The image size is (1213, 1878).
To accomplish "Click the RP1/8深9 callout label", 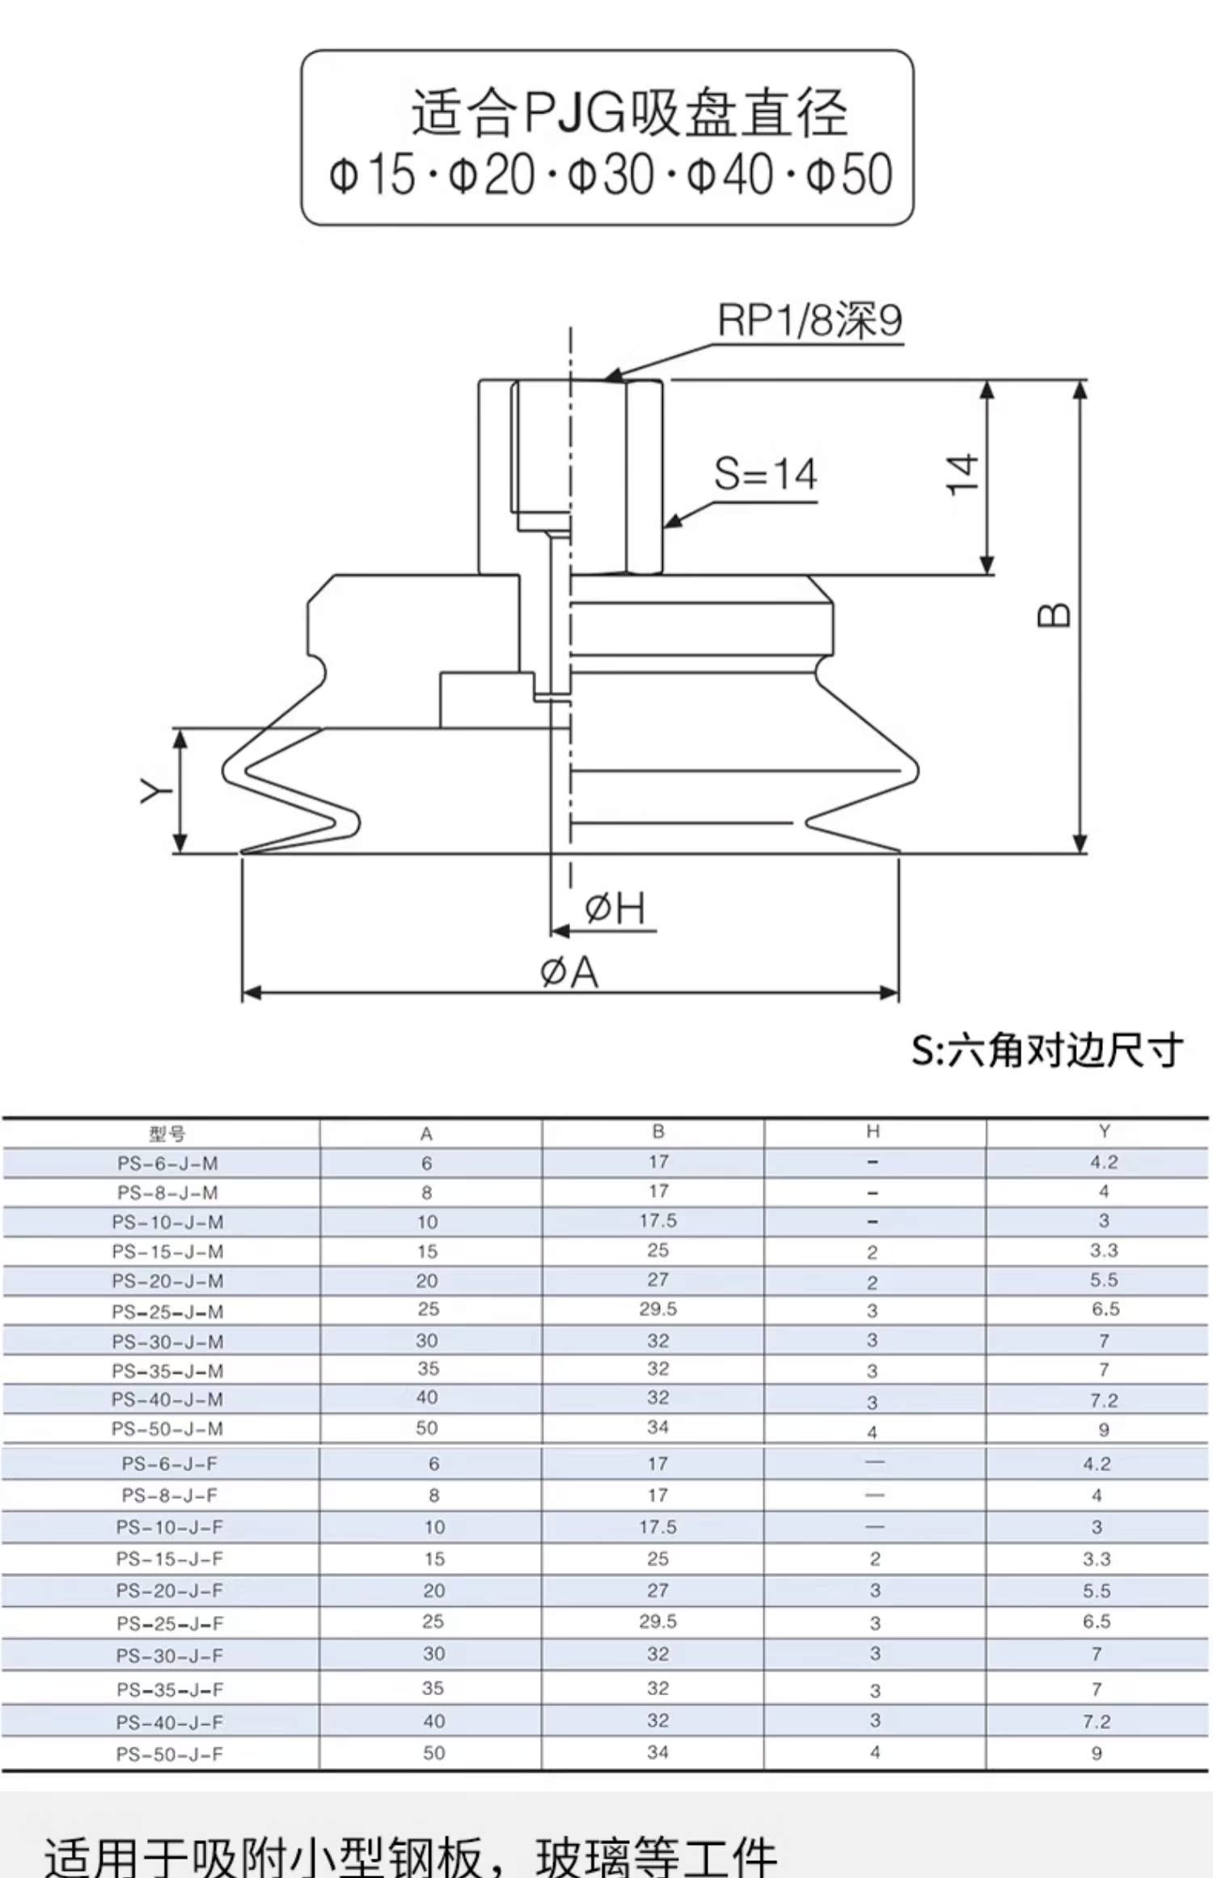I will click(x=809, y=320).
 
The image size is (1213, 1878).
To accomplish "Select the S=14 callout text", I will click(x=765, y=474).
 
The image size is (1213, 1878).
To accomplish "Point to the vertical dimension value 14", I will click(x=963, y=475).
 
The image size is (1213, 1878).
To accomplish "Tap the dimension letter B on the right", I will click(x=1054, y=615).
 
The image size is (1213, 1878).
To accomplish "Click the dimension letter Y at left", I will click(x=154, y=791).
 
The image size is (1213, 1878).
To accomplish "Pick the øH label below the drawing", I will click(x=615, y=909).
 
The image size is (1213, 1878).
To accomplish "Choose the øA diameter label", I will click(x=569, y=971).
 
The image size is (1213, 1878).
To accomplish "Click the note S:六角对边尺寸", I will click(x=1047, y=1051).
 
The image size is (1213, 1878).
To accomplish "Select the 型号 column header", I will click(x=167, y=1133).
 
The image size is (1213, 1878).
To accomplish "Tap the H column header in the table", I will click(x=873, y=1131).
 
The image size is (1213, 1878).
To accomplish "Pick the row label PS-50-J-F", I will click(x=169, y=1754).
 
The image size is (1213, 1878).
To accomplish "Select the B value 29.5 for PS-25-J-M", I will click(x=658, y=1309).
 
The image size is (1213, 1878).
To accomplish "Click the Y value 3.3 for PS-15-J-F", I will click(x=1097, y=1559).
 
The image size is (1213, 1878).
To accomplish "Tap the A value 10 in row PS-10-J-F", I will click(x=434, y=1527).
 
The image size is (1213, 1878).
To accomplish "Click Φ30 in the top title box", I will click(x=611, y=175).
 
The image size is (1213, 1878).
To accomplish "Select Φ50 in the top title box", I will click(x=849, y=175).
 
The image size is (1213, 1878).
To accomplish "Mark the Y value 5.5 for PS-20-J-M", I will click(x=1104, y=1280).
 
